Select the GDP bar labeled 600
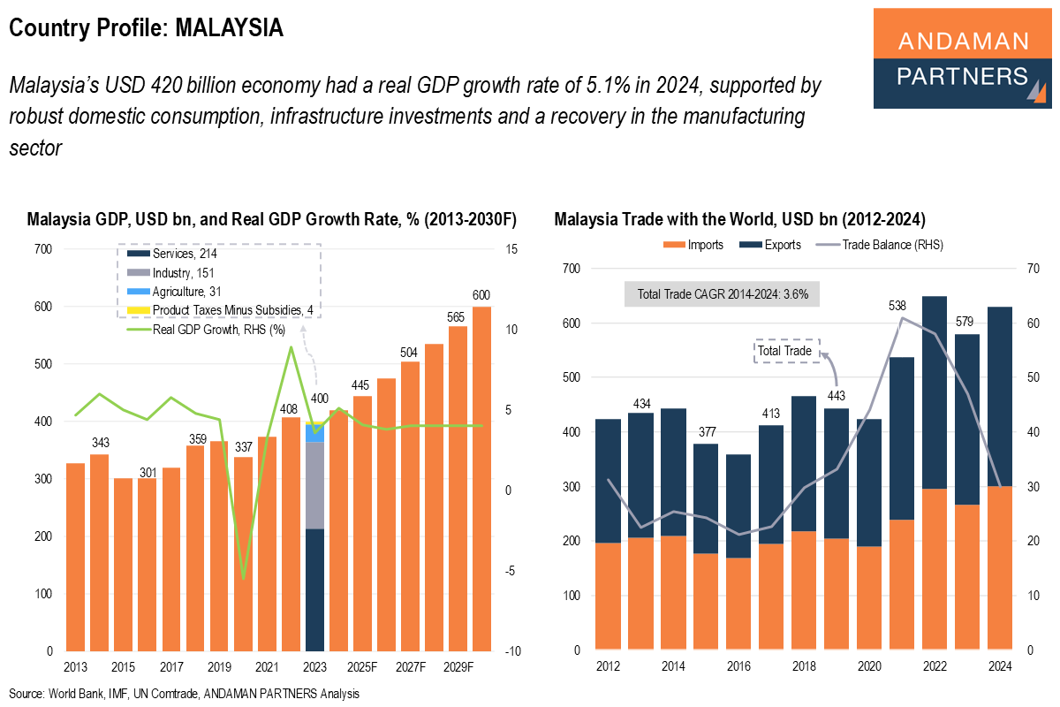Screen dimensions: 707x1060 click(x=481, y=477)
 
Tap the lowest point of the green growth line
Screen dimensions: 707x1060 click(x=244, y=578)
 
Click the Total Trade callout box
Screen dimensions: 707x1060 click(x=785, y=351)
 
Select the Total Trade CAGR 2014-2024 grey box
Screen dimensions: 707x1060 click(x=722, y=293)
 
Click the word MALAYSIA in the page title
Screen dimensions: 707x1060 click(x=229, y=28)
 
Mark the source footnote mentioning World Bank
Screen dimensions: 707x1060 click(x=185, y=694)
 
